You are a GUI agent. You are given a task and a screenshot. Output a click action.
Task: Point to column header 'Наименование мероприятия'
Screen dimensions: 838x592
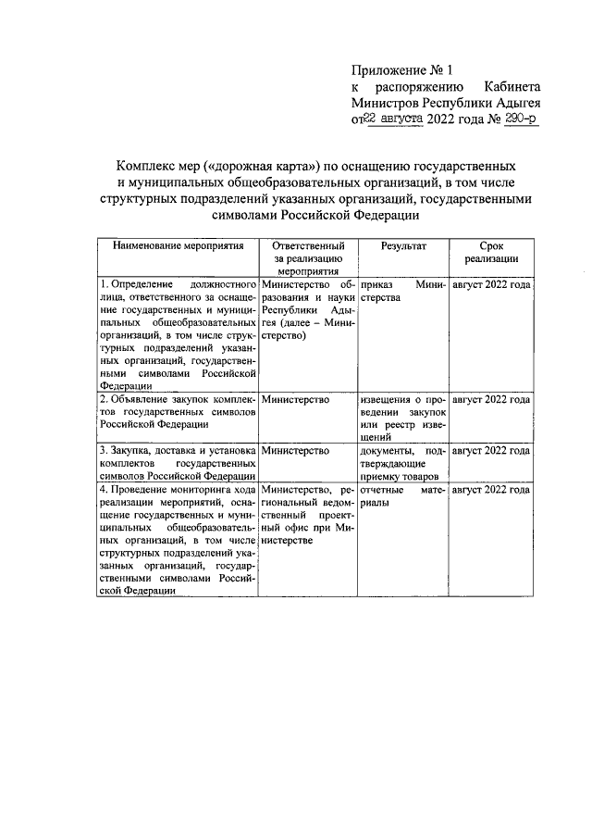click(179, 247)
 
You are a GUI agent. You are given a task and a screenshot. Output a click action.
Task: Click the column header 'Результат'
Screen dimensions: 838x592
click(403, 247)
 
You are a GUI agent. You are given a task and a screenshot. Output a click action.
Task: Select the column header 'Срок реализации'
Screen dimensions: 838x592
click(491, 254)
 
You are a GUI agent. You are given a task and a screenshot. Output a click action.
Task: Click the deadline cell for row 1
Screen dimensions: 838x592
click(490, 285)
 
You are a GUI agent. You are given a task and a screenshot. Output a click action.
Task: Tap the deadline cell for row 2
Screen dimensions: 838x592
click(490, 400)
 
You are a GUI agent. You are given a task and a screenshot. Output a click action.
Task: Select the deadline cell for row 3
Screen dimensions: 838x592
click(490, 451)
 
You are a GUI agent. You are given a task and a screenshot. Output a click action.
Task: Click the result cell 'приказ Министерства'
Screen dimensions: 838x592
click(403, 292)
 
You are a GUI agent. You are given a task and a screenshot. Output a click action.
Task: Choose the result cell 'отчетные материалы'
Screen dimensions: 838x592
click(403, 495)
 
